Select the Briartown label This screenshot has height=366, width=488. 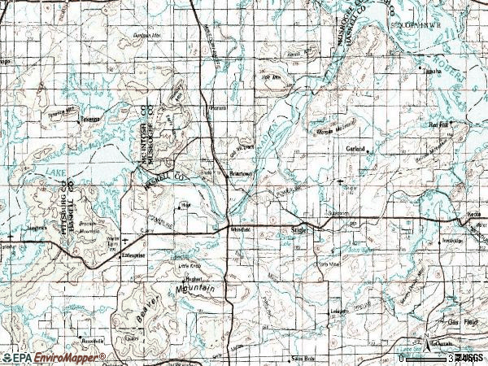(x=241, y=174)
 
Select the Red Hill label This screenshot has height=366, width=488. (x=439, y=124)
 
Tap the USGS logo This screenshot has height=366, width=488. (x=469, y=357)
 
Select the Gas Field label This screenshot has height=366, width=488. (x=467, y=323)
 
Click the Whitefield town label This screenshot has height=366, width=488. (x=240, y=230)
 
